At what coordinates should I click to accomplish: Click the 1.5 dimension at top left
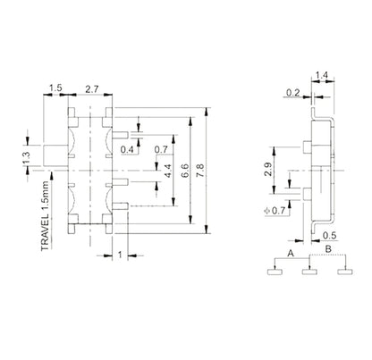point(55,89)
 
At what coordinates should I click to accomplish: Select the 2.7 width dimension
point(91,89)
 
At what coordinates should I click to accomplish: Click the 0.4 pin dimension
point(128,150)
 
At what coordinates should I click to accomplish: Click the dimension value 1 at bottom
point(120,255)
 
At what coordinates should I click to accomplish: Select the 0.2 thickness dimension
point(293,91)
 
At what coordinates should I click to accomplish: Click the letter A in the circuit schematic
point(291,254)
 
